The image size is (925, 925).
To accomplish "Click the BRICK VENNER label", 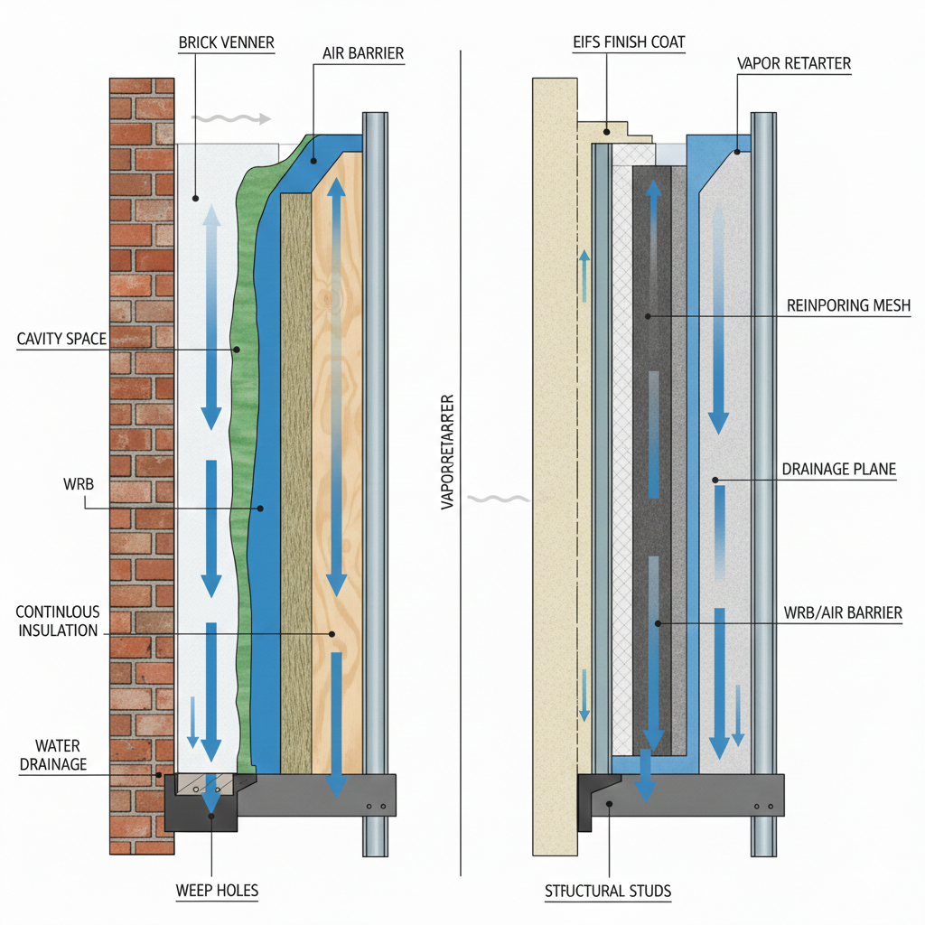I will click(x=226, y=42).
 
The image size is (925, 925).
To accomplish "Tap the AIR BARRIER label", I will click(x=362, y=54).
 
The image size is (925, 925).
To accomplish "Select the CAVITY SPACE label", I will click(x=61, y=339).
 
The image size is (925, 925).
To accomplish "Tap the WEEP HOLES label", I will click(x=217, y=891).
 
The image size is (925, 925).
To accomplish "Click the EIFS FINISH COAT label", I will click(x=628, y=42).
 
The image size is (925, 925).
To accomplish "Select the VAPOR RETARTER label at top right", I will click(x=793, y=64).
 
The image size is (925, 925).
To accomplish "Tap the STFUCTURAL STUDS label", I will click(x=608, y=892).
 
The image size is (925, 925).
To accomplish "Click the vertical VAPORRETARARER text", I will click(x=448, y=452).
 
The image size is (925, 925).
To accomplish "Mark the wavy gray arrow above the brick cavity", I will click(x=230, y=119).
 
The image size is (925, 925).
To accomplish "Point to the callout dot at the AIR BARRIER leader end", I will click(x=313, y=162).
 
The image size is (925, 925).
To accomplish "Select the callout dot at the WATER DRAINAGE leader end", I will click(x=159, y=774).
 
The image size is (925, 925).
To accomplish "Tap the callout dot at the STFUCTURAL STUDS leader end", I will click(x=609, y=802).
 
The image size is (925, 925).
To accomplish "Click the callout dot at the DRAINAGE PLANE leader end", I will click(x=714, y=480).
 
